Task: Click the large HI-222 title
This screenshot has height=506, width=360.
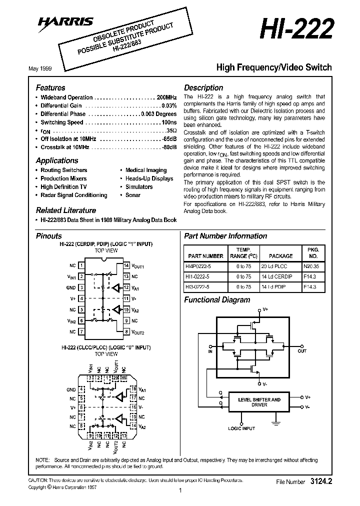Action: click(x=295, y=30)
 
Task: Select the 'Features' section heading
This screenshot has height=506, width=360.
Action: click(x=50, y=87)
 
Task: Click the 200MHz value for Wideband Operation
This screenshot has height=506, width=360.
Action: click(x=166, y=97)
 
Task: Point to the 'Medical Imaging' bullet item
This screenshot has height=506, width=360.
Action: click(x=146, y=170)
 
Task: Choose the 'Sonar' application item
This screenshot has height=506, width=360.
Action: click(x=133, y=195)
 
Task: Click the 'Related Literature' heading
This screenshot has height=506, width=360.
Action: click(x=65, y=210)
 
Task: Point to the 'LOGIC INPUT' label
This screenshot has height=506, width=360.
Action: click(x=241, y=428)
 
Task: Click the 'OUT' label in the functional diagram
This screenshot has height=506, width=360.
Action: click(x=302, y=351)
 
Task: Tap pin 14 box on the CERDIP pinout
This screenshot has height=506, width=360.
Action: click(x=126, y=265)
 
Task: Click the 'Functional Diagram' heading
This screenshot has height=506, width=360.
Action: click(x=217, y=300)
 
